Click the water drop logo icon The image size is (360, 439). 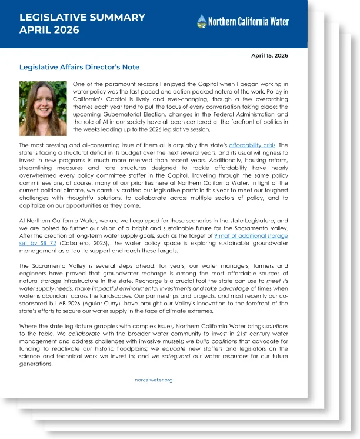[x=202, y=22]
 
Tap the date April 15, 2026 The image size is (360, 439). [x=269, y=56]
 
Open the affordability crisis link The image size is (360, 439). [x=251, y=144]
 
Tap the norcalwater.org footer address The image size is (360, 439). [x=154, y=380]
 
